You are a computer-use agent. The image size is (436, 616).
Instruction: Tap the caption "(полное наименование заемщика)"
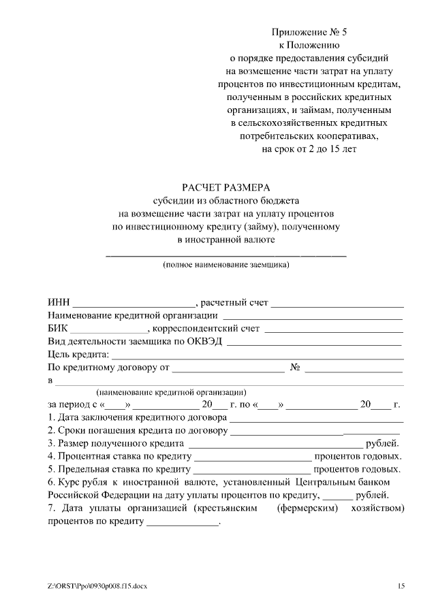[x=225, y=264]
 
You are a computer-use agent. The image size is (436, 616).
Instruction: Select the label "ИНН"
[x=59, y=303]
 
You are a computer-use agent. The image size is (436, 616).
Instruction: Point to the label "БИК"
[x=59, y=329]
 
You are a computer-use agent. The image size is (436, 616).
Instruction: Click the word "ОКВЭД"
[x=204, y=342]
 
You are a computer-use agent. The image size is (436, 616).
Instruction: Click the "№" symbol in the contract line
[x=296, y=368]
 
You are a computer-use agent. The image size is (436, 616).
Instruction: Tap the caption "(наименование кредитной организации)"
[x=171, y=393]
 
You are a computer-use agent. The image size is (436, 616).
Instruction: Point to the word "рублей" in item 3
[x=387, y=444]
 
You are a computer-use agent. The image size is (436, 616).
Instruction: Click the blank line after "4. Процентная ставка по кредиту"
[x=253, y=458]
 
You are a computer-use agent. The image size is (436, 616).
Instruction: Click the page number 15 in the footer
[x=401, y=585]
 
